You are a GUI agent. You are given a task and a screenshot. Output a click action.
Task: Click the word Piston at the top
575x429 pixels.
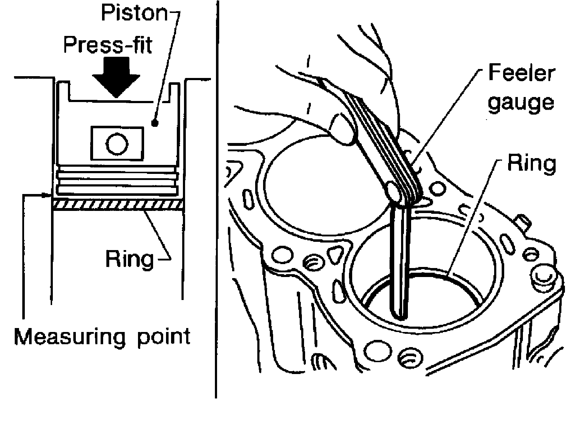[x=134, y=13]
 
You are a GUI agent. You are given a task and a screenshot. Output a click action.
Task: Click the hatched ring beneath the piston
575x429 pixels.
[x=118, y=204]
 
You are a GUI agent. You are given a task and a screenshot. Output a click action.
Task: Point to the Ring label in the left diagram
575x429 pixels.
[x=129, y=258]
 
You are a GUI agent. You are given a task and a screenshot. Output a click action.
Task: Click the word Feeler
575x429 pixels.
[x=521, y=74]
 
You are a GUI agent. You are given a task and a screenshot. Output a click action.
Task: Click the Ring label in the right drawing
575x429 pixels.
[x=532, y=163]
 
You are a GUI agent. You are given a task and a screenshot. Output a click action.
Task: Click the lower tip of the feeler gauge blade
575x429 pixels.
[x=399, y=315]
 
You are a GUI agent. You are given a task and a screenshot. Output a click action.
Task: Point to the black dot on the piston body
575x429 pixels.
[x=155, y=123]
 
